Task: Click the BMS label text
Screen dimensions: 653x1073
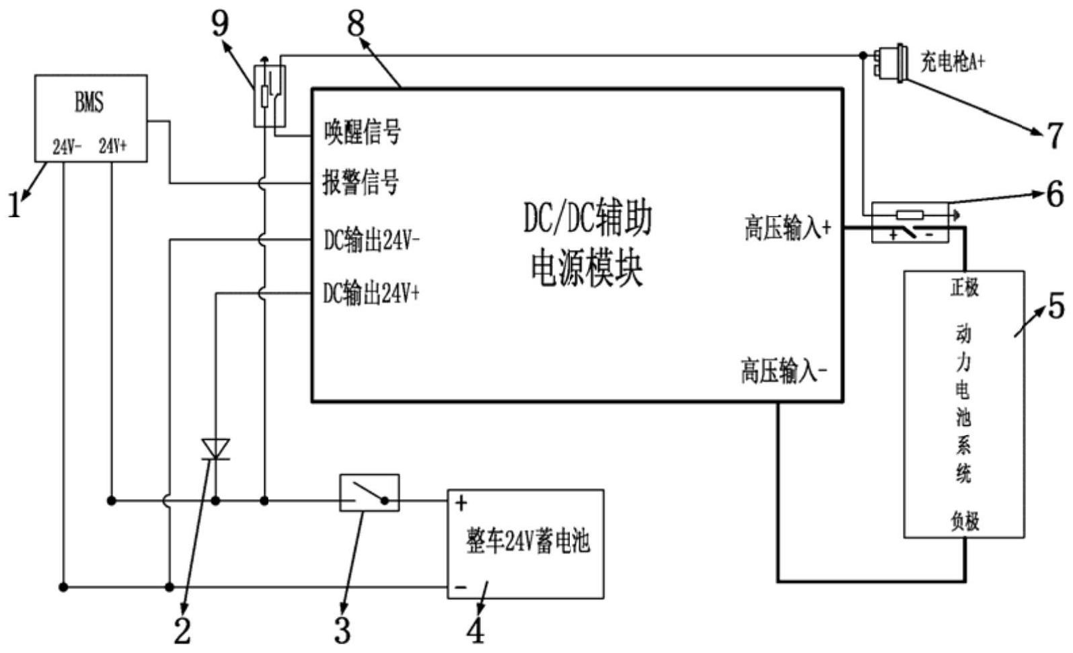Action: tap(89, 103)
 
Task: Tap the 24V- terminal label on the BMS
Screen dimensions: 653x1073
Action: tap(67, 147)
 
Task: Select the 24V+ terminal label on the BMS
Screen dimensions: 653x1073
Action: tap(112, 147)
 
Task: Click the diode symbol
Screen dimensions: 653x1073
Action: tap(216, 449)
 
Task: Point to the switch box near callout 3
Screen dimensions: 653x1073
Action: tap(369, 493)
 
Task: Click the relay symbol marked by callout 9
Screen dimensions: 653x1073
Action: tap(269, 95)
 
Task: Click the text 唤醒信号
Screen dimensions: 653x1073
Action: tap(363, 131)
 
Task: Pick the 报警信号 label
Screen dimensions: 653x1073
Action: tap(361, 183)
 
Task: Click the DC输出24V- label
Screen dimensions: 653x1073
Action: tap(372, 240)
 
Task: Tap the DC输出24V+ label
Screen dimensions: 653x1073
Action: tap(371, 293)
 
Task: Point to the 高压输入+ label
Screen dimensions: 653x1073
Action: tap(787, 228)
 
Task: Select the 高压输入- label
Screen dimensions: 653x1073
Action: tap(784, 371)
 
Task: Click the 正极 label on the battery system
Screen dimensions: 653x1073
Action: tap(964, 288)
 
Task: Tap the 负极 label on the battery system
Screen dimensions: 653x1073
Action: tap(964, 521)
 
